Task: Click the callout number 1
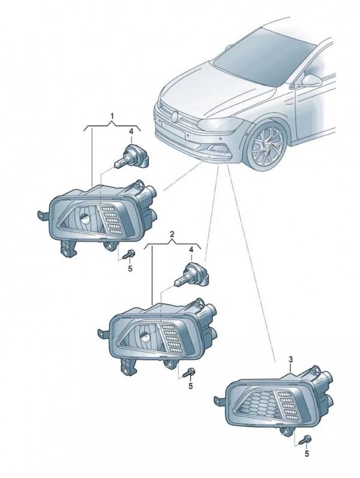point(112,116)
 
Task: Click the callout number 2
point(172,234)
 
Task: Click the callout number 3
point(290,360)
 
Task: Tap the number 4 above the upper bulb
point(131,132)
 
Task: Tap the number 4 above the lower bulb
point(191,250)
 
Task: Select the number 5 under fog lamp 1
point(130,269)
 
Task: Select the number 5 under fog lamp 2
point(191,386)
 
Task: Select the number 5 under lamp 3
point(307,454)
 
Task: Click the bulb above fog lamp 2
point(192,275)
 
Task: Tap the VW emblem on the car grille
point(175,117)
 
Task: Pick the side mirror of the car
point(311,80)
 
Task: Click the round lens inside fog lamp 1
point(85,218)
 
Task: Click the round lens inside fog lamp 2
point(145,336)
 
